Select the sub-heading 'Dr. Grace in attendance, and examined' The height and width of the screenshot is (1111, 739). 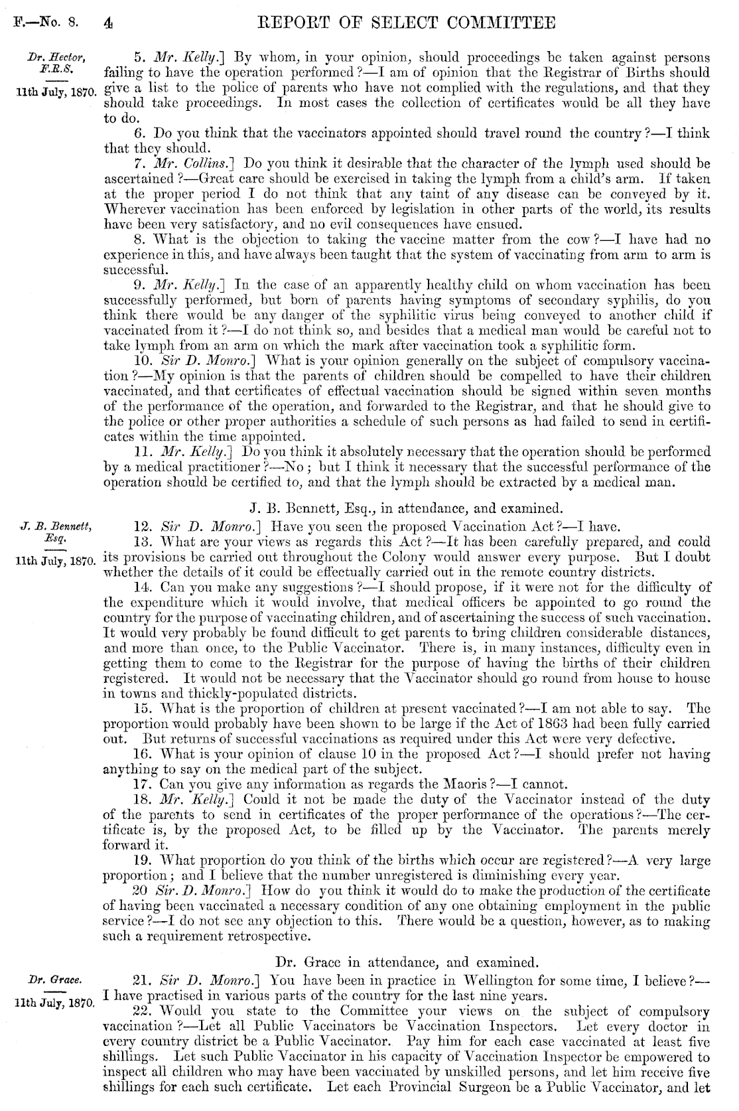[x=406, y=961]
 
